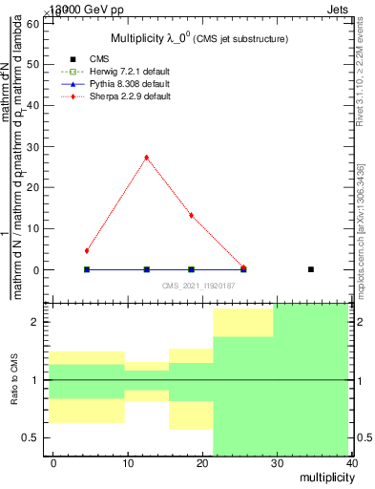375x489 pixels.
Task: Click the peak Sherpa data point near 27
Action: [x=146, y=158]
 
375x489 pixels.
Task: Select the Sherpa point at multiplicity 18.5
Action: [x=192, y=216]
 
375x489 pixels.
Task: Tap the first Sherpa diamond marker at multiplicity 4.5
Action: [x=87, y=251]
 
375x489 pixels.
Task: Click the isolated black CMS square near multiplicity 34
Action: [x=311, y=269]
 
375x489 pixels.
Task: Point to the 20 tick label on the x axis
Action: [x=202, y=463]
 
